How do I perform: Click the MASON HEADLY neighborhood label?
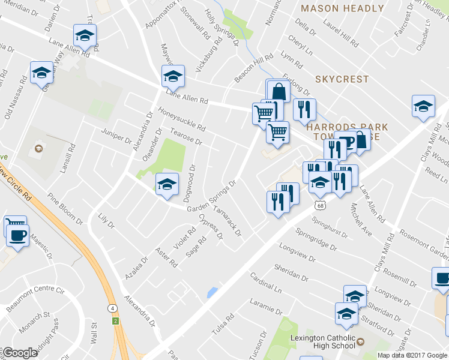coord(342,8)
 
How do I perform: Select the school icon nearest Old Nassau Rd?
coord(41,73)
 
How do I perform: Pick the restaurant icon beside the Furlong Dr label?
coord(304,109)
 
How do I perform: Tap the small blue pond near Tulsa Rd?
coord(211,293)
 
